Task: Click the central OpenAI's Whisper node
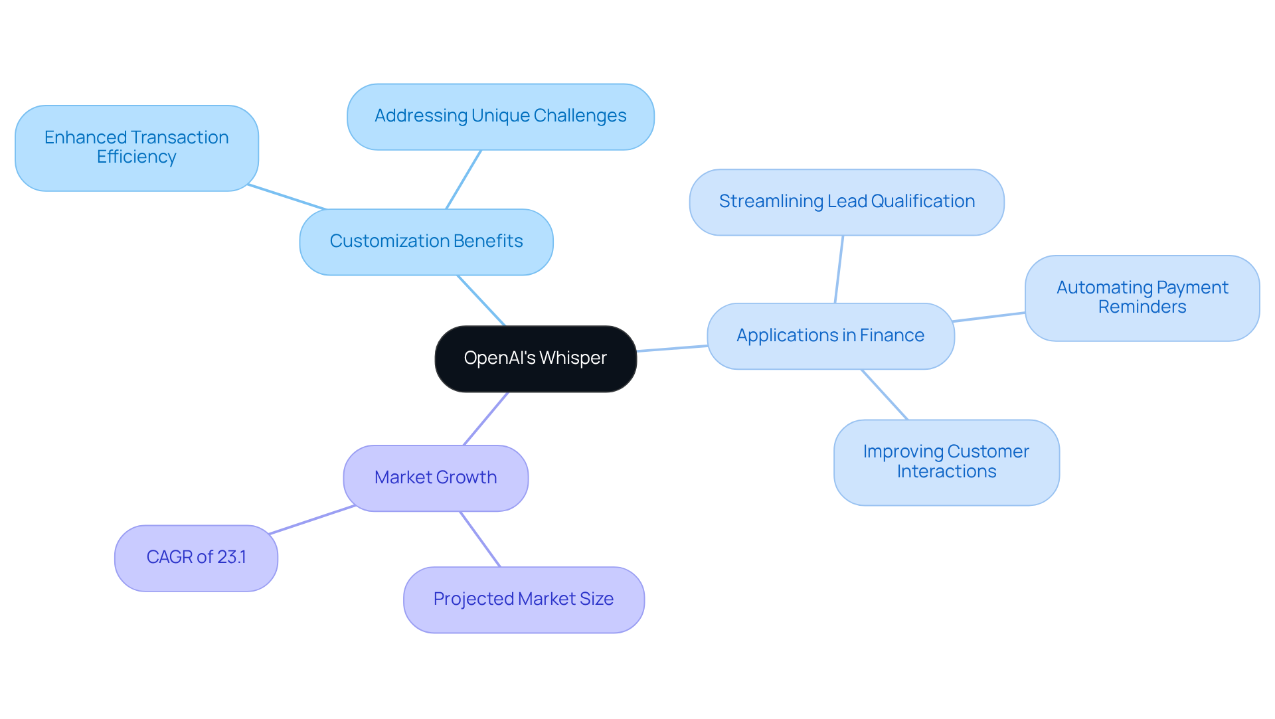[535, 359]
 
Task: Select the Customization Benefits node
[426, 242]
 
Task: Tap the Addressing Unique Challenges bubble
[500, 116]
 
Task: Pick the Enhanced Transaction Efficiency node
[136, 147]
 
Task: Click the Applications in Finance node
[830, 336]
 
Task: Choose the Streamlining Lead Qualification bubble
[847, 202]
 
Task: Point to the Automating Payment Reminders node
[1142, 297]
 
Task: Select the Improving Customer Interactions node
[946, 462]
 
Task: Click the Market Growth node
[436, 478]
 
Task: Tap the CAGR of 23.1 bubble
[196, 558]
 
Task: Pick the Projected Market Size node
[523, 599]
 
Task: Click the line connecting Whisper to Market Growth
[486, 418]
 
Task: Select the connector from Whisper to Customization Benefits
[481, 301]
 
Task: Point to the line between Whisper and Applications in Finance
[672, 349]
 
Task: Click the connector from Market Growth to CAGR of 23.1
[312, 520]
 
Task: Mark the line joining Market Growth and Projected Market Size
[480, 539]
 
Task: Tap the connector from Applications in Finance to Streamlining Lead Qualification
[839, 270]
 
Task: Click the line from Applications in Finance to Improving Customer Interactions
[885, 395]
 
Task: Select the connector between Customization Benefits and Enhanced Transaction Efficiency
[287, 197]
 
